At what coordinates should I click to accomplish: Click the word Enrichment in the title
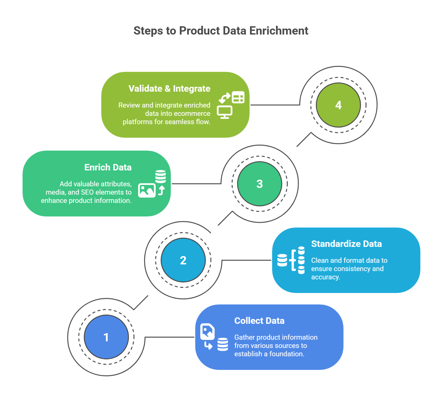coord(279,31)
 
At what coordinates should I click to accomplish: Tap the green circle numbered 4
coord(338,105)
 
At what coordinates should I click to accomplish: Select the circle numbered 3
coord(260,184)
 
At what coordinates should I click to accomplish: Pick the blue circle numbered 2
coord(183,260)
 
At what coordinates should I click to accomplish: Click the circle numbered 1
coord(106,337)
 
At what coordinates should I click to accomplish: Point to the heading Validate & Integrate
coord(169,89)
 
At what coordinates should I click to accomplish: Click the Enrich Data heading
coord(108,167)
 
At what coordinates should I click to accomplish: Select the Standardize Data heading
coord(346,244)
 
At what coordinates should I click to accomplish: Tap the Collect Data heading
coord(259,321)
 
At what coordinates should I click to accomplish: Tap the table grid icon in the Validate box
coord(238,97)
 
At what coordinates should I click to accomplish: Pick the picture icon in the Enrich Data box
coord(147,190)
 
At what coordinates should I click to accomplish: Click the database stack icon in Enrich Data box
coord(161,176)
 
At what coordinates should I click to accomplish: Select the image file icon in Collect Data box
coord(207,332)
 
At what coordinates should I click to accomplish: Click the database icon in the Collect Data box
coord(222,345)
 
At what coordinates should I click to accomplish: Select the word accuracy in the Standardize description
coord(325,277)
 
